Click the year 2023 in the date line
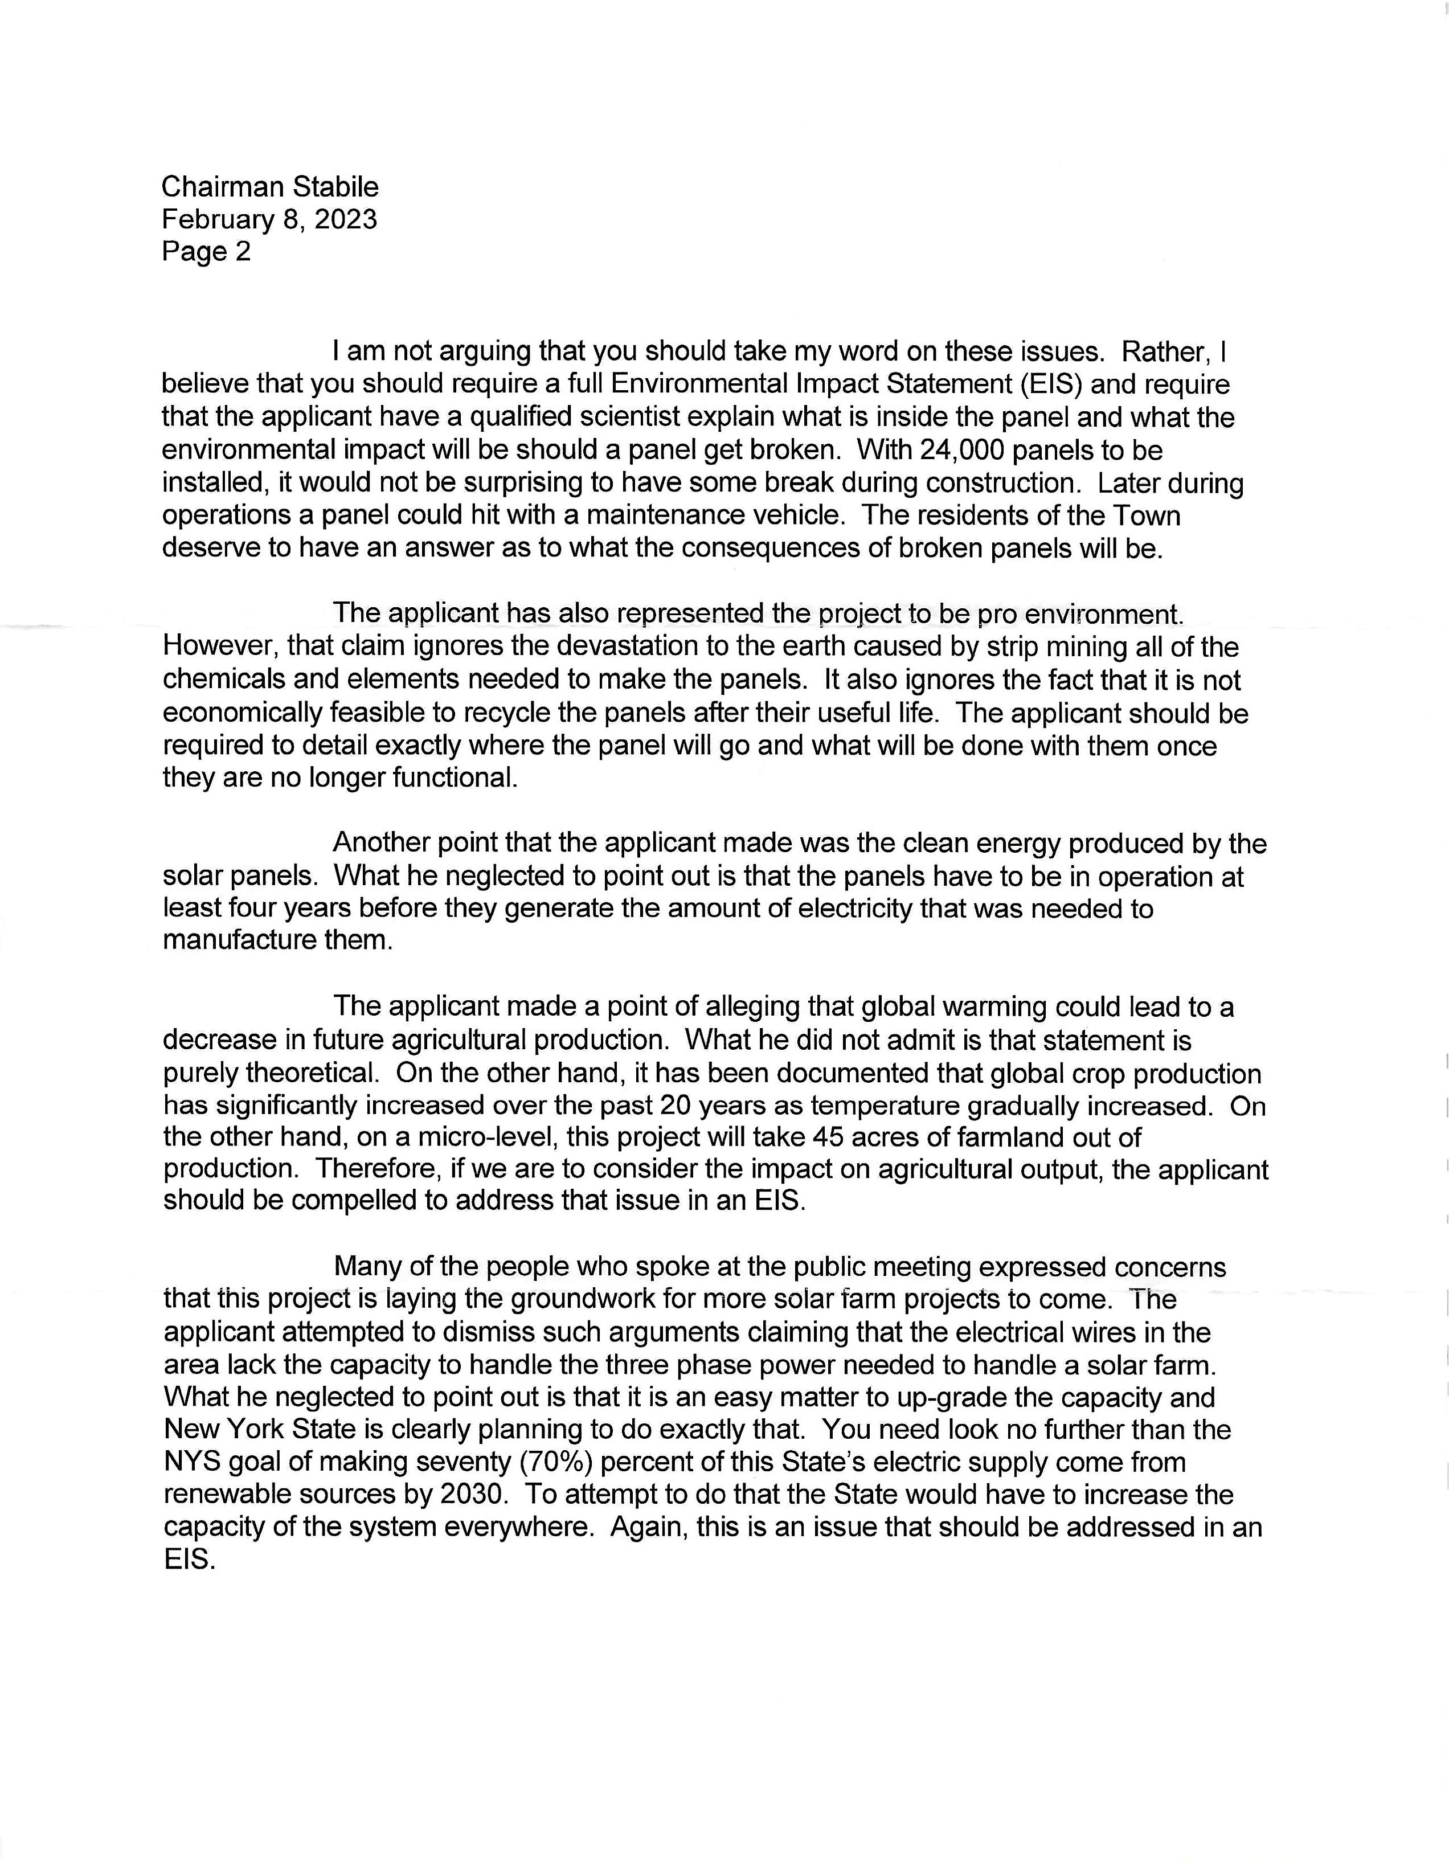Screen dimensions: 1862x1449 click(345, 219)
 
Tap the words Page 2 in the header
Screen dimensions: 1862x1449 click(206, 252)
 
